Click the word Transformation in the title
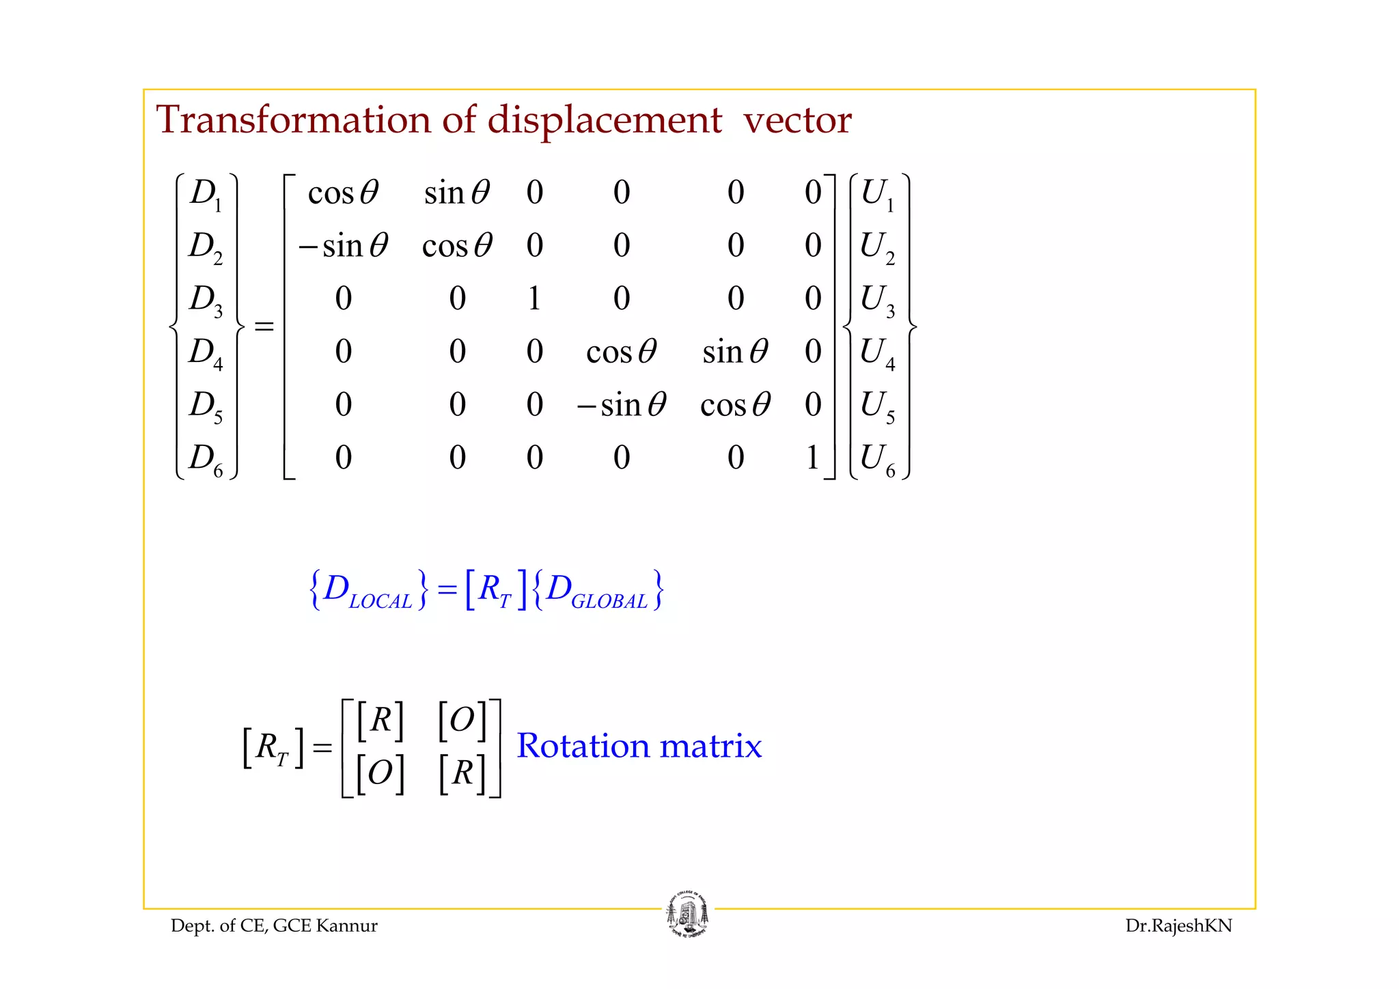click(x=294, y=120)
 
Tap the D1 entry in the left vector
click(x=206, y=193)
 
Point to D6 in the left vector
click(x=206, y=458)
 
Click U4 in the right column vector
click(x=877, y=352)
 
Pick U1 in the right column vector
click(x=877, y=193)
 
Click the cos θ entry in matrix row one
click(x=343, y=193)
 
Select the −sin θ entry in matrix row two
click(x=343, y=246)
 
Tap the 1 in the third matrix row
click(x=534, y=298)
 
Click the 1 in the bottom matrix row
click(x=812, y=458)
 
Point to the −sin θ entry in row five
click(x=621, y=405)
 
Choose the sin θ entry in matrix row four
click(x=735, y=352)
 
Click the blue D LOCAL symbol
click(x=368, y=590)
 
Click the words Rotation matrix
click(x=639, y=746)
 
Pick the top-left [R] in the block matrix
click(x=380, y=720)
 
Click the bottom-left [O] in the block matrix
click(x=380, y=773)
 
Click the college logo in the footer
click(x=687, y=915)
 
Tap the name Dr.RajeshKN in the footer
click(x=1178, y=926)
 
